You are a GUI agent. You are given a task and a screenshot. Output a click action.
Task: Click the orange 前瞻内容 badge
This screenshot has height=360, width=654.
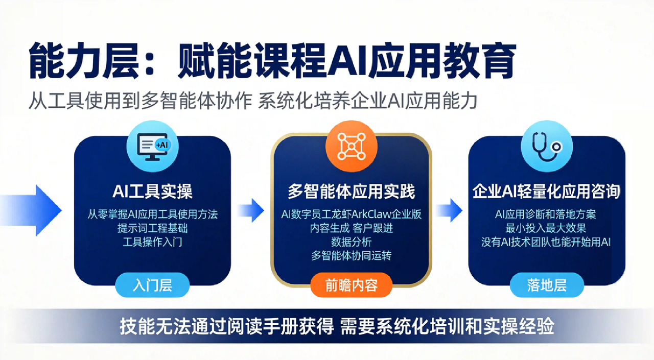(x=351, y=285)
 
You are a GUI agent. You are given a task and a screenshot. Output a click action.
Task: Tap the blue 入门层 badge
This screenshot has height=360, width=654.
(x=152, y=285)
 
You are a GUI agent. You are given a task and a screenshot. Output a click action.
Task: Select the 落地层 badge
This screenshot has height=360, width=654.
(x=547, y=285)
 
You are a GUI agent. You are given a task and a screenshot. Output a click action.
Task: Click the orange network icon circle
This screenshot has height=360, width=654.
(x=351, y=146)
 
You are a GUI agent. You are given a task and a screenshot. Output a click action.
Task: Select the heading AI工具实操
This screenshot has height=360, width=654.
(x=152, y=191)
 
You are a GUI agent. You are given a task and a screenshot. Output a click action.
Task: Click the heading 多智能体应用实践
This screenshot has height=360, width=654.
(x=351, y=191)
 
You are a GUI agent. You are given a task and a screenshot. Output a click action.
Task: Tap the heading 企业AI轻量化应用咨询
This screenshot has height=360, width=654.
(x=546, y=191)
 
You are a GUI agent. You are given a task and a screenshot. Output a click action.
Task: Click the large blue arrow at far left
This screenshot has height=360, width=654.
(x=31, y=210)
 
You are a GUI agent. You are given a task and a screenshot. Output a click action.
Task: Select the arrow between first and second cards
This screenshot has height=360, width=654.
(x=251, y=210)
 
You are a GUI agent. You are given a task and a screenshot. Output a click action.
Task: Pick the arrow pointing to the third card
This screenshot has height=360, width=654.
(x=449, y=210)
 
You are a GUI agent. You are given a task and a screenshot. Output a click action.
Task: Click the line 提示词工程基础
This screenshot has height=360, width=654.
(x=152, y=228)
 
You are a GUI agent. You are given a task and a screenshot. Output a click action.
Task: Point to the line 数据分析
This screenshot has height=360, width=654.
(x=351, y=242)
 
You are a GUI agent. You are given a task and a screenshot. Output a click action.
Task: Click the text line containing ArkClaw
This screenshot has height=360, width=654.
(x=351, y=214)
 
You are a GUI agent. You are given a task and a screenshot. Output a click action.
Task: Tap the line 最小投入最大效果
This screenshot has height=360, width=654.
(x=546, y=228)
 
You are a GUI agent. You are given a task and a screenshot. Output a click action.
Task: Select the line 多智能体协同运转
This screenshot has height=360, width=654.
(x=351, y=255)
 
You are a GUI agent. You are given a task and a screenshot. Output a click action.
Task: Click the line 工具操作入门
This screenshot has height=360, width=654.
(x=152, y=242)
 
